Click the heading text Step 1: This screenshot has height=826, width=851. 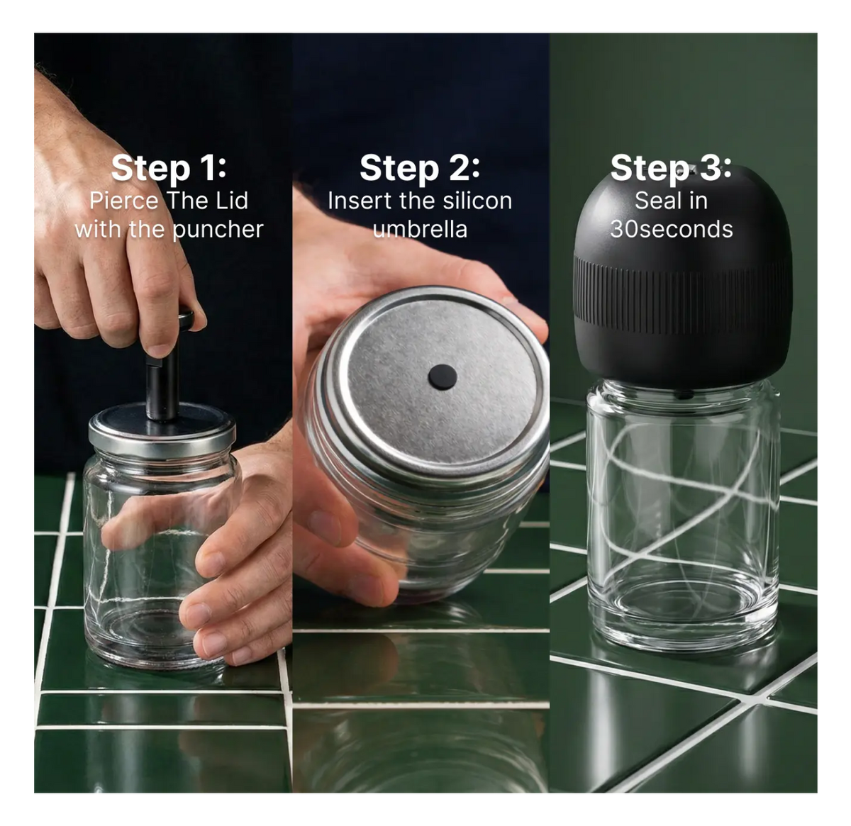pyautogui.click(x=169, y=169)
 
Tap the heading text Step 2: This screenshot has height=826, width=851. pyautogui.click(x=419, y=169)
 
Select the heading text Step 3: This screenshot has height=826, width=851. pyautogui.click(x=671, y=168)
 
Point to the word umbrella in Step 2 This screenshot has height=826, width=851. pyautogui.click(x=420, y=229)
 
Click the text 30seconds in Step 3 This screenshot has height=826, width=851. pyautogui.click(x=672, y=229)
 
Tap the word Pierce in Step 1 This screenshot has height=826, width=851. pyautogui.click(x=124, y=201)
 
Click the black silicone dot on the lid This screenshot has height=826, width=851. pyautogui.click(x=442, y=377)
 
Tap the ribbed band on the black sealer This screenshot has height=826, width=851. pyautogui.click(x=683, y=296)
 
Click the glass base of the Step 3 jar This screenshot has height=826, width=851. pyautogui.click(x=683, y=621)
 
